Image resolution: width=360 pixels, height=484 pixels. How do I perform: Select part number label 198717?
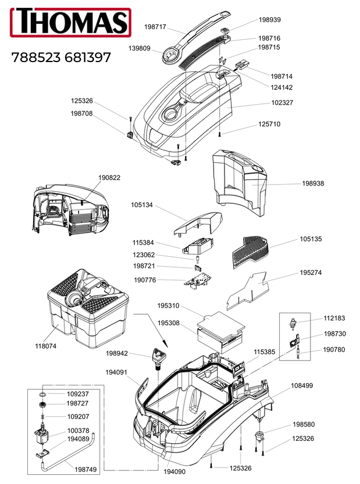(x=156, y=26)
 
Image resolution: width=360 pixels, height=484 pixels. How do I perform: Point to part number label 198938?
(x=313, y=184)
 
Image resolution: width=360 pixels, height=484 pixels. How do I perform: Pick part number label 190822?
(x=109, y=178)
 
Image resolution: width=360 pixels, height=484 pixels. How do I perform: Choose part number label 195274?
(x=311, y=273)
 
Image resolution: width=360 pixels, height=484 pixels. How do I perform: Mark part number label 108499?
(x=302, y=385)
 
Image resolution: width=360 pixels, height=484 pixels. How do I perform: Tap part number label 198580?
(x=304, y=425)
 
